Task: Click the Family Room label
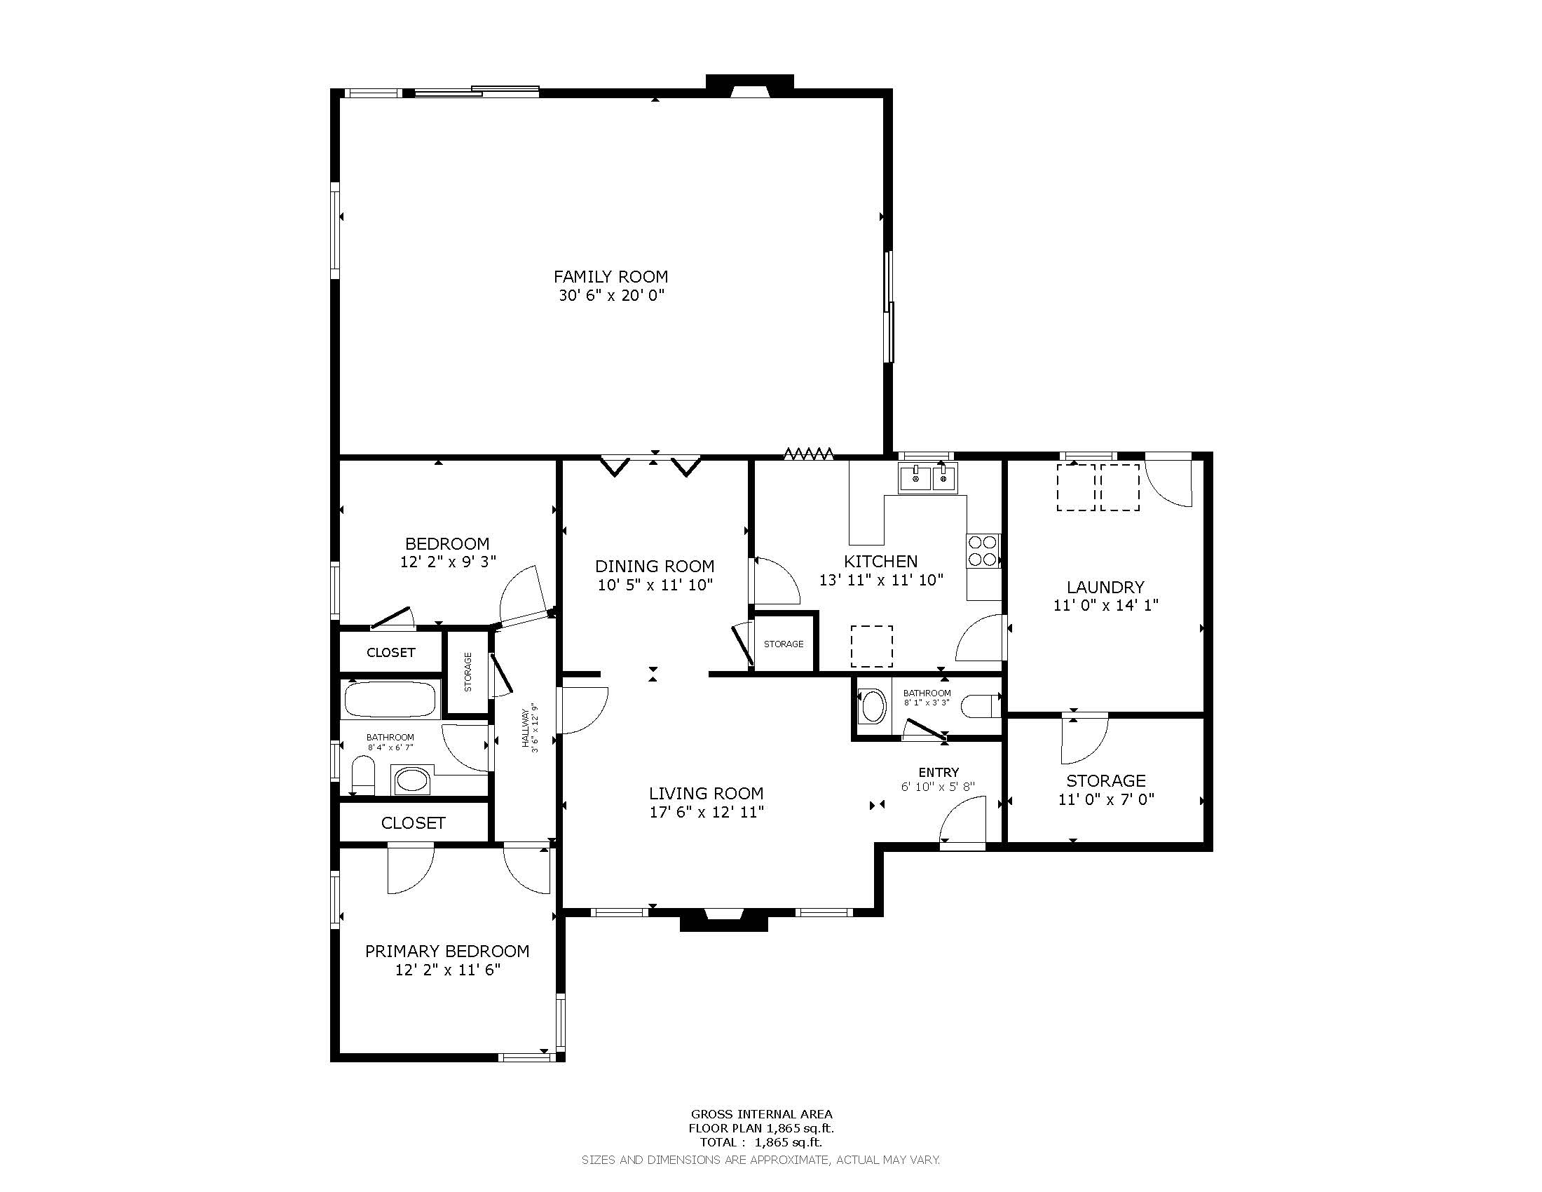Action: click(x=610, y=277)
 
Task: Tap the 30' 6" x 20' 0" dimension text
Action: click(x=612, y=295)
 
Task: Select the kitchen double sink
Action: click(x=927, y=478)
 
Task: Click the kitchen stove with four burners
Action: click(x=983, y=551)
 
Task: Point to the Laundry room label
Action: click(x=1105, y=587)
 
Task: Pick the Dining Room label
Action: click(x=655, y=567)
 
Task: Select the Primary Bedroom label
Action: click(x=447, y=951)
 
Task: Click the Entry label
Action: click(x=939, y=773)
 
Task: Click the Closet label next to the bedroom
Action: click(x=391, y=653)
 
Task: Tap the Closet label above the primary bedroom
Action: click(x=413, y=823)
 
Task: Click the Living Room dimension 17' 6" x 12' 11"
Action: click(x=707, y=812)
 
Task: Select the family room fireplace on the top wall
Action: click(x=750, y=84)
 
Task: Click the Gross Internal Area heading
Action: click(x=761, y=1114)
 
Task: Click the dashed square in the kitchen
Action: click(x=871, y=646)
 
